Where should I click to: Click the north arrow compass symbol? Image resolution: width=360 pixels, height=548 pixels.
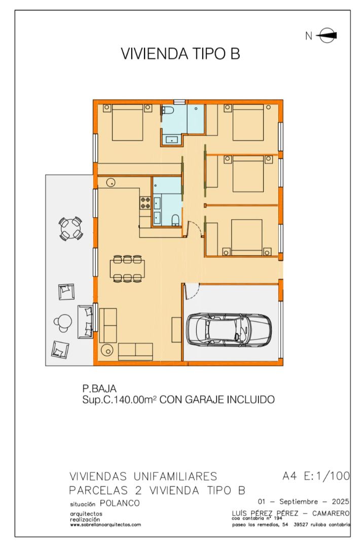point(328,36)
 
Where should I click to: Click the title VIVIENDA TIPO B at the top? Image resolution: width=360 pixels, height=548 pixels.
point(180,54)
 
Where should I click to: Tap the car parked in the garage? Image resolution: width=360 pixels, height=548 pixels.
point(229,330)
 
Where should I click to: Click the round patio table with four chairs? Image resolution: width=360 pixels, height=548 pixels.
point(71,229)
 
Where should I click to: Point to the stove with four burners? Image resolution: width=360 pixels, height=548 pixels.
point(145,203)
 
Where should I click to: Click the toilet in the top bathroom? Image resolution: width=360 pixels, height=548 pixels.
point(168,111)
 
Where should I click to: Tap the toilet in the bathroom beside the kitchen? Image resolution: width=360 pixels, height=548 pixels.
point(175,220)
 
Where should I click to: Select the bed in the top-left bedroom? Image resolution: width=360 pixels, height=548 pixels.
point(127,122)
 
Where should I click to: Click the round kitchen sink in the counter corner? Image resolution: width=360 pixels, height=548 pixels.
point(111,182)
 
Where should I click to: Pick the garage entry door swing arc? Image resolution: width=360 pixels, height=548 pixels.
point(192,291)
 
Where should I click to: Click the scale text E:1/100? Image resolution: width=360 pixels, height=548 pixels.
point(327,476)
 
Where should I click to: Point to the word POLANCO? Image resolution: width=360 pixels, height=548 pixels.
point(120,503)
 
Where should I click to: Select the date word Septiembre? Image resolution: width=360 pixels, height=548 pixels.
point(299,502)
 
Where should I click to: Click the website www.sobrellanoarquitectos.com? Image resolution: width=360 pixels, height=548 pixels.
point(105,525)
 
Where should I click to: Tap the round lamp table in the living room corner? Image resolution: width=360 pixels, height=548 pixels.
point(107,350)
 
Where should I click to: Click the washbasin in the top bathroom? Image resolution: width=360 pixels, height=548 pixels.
point(172,140)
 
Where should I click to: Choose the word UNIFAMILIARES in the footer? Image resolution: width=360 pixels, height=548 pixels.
point(175,476)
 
